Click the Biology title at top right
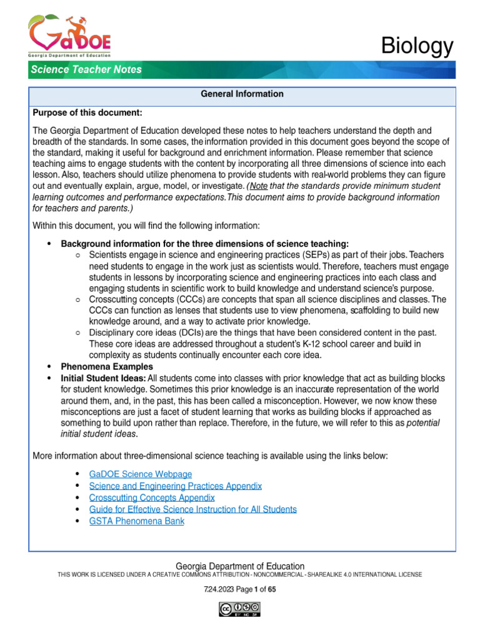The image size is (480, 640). [x=417, y=46]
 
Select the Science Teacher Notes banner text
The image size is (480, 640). [x=86, y=69]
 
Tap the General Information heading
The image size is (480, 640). [x=242, y=94]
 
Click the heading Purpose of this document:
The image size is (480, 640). [x=87, y=112]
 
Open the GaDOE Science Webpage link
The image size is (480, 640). [x=141, y=474]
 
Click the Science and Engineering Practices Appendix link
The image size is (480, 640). [x=176, y=486]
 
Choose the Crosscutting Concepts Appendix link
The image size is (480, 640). [x=152, y=497]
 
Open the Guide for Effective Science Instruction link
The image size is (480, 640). [x=193, y=509]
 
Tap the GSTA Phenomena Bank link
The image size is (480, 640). [x=137, y=521]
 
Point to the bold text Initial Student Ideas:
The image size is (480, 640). [x=103, y=378]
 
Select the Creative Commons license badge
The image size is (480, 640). [x=239, y=609]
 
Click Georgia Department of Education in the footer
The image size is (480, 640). [x=240, y=566]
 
